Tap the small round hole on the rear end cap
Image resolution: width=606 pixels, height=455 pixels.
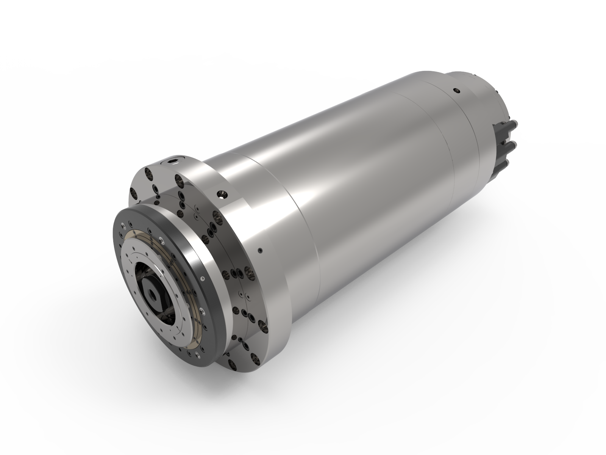pyautogui.click(x=456, y=91)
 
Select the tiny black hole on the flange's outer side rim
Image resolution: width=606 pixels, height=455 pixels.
pyautogui.click(x=260, y=250)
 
